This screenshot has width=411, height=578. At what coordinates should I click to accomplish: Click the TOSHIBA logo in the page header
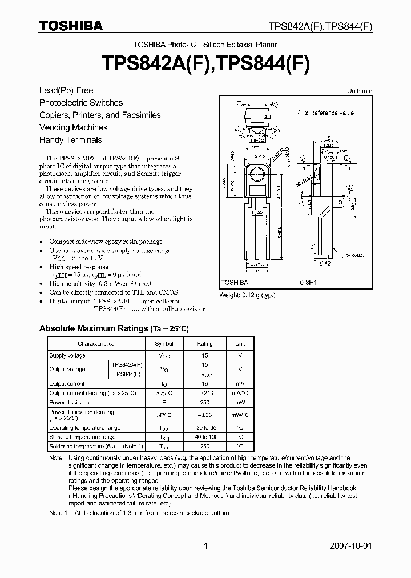tap(71, 26)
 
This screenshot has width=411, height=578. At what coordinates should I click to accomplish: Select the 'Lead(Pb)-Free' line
tap(66, 90)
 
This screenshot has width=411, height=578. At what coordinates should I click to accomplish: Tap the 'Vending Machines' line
tap(73, 127)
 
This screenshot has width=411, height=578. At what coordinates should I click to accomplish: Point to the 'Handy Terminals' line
tap(71, 140)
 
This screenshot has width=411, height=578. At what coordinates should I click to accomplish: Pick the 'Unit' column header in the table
tap(240, 344)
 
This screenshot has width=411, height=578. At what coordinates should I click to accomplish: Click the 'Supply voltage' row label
tap(67, 355)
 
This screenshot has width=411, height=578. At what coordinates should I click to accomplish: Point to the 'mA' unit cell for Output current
tap(240, 384)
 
